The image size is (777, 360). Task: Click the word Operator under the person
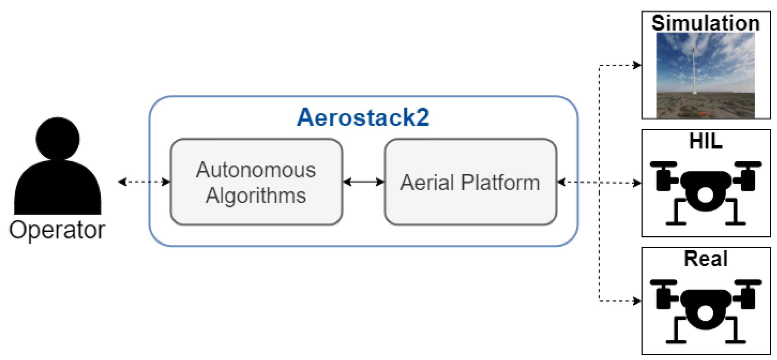click(57, 230)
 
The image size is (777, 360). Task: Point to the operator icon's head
click(57, 138)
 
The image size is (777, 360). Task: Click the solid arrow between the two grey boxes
click(363, 182)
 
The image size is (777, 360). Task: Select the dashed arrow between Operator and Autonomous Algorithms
click(144, 182)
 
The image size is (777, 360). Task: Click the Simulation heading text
click(705, 23)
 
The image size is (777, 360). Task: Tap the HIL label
click(705, 141)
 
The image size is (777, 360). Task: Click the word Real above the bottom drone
click(705, 259)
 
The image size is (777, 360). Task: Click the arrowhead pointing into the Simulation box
click(637, 65)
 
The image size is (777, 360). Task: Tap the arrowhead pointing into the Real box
click(637, 301)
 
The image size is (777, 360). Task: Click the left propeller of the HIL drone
click(663, 164)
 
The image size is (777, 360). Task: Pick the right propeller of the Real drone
click(748, 282)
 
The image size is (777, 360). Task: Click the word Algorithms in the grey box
click(256, 196)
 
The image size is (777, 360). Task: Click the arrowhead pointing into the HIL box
click(637, 183)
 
